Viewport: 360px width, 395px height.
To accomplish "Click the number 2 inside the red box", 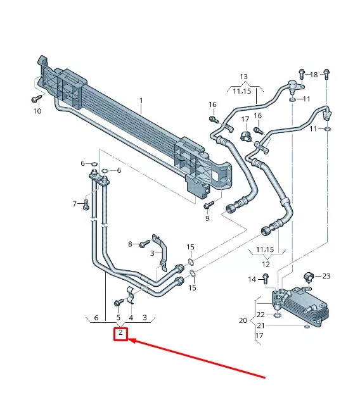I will [120, 333].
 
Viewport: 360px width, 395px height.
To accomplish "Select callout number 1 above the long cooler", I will [141, 101].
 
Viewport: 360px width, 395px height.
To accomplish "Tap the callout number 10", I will [37, 111].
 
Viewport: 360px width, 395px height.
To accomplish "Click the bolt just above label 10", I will [36, 99].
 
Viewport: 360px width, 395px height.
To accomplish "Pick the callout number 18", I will [314, 75].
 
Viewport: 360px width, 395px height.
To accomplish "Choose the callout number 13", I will [244, 77].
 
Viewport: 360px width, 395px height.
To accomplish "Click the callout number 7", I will [75, 204].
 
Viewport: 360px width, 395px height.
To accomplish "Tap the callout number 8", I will [130, 244].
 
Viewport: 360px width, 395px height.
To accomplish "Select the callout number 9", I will [207, 218].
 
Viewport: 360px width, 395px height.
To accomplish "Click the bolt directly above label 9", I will [207, 205].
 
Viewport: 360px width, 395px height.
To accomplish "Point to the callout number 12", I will [266, 264].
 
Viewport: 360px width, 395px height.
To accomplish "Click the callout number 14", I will [252, 279].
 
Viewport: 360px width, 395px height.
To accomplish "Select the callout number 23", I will [326, 276].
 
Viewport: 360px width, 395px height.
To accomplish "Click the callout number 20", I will [243, 320].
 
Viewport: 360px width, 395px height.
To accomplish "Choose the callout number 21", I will [260, 325].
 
